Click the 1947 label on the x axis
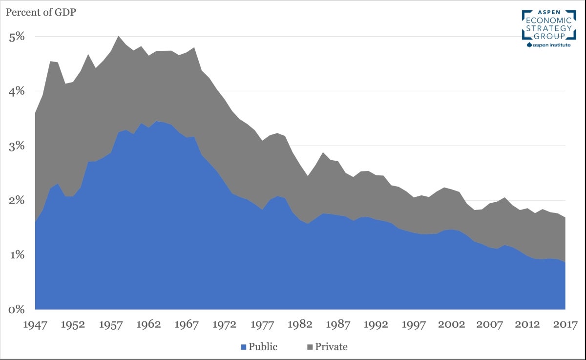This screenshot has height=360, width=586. tap(35, 324)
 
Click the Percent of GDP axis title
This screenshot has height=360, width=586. tap(41, 11)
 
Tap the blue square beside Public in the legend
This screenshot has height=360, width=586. tap(243, 347)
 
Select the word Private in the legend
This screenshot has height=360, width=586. tap(331, 347)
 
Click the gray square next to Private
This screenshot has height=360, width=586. tap(310, 347)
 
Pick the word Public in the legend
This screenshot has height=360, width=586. tap(263, 347)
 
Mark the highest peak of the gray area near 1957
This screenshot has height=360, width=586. tap(118, 36)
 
